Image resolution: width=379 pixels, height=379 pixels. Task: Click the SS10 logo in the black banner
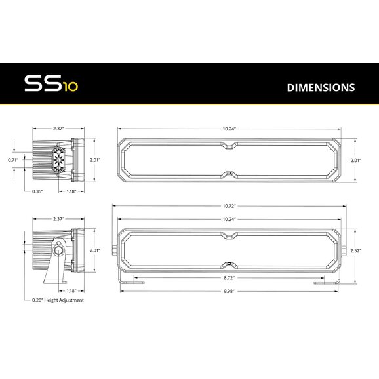51,83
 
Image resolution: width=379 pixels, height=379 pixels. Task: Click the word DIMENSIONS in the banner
321,87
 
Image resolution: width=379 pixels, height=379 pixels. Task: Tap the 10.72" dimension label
229,206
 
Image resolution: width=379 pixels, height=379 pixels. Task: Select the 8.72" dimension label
229,278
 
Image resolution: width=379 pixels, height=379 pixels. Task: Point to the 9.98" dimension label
229,291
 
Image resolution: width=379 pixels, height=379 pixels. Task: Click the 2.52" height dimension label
356,250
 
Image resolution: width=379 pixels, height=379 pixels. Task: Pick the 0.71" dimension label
13,160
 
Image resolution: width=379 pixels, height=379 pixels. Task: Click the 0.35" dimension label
37,191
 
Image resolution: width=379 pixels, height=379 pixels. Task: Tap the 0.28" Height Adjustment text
58,300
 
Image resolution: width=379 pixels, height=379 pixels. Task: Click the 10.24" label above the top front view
229,129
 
